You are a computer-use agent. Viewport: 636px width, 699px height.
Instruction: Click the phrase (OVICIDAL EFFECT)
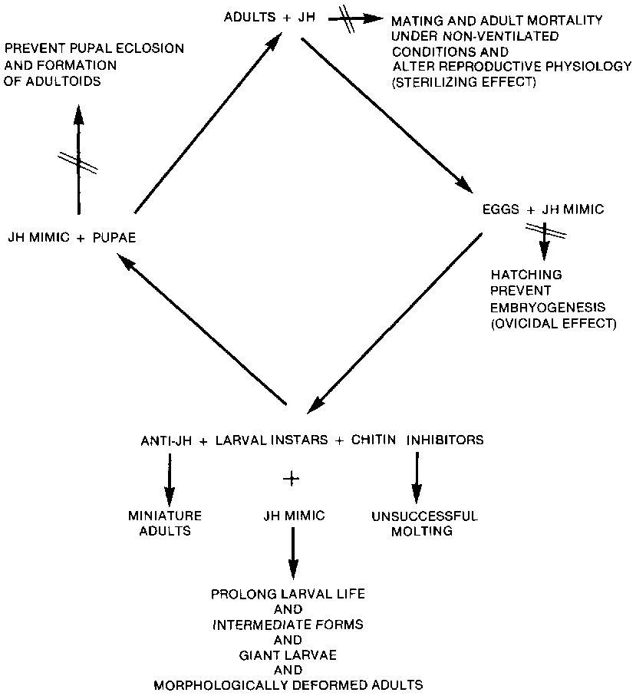coord(553,323)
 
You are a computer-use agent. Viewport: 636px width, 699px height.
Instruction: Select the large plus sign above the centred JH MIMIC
coord(290,478)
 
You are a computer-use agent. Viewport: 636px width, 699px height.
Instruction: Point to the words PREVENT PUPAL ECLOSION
coord(94,48)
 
